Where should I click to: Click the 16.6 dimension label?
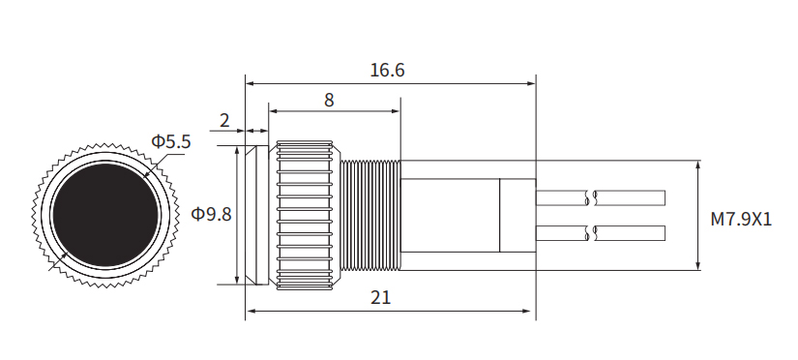click(387, 71)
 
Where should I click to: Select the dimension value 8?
click(329, 100)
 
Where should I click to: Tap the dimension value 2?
click(224, 121)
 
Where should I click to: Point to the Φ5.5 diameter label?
click(171, 142)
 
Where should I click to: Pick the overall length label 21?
click(381, 298)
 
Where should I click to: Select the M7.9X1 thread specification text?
click(741, 219)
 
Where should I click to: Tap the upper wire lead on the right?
click(629, 198)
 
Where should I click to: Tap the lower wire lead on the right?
click(629, 232)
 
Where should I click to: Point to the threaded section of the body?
click(369, 214)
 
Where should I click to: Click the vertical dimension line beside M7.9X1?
click(698, 215)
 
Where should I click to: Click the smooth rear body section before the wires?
click(450, 214)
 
